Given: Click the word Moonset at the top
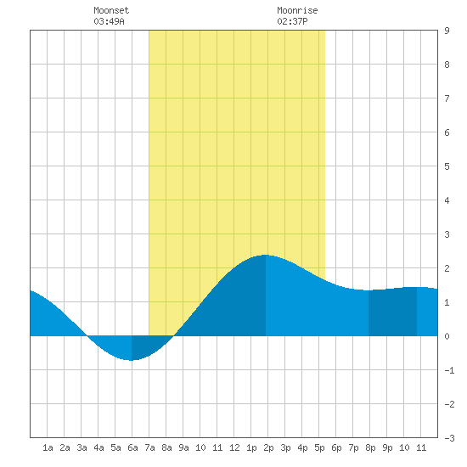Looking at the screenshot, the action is coord(111,10).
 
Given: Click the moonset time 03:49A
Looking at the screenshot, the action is coord(109,21).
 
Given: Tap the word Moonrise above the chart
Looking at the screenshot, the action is coord(297,10).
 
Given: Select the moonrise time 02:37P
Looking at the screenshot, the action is coord(292,21).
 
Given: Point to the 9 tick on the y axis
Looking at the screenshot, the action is coord(447,31).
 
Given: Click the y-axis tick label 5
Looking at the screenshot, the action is coord(447,166).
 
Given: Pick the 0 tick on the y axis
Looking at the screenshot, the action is coord(447,336).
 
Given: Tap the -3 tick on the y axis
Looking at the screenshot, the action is coord(449,438).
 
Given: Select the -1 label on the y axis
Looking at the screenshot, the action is coord(449,370).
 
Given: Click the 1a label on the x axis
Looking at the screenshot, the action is coord(48,447).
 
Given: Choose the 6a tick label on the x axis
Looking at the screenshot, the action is coord(132,447).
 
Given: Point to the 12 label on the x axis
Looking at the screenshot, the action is coord(234,447).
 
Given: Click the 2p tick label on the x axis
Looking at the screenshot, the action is coord(268,447).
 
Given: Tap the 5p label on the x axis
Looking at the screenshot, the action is coord(319,447).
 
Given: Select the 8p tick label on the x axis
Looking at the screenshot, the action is coord(370,447).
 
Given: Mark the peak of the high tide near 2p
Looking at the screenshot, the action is coord(266,255).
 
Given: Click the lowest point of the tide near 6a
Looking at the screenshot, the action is coord(132,360).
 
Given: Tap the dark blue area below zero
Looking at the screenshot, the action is coord(148,346).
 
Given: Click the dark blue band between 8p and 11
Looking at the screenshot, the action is coord(392,312).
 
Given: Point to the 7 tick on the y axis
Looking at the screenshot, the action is coord(447,98).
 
